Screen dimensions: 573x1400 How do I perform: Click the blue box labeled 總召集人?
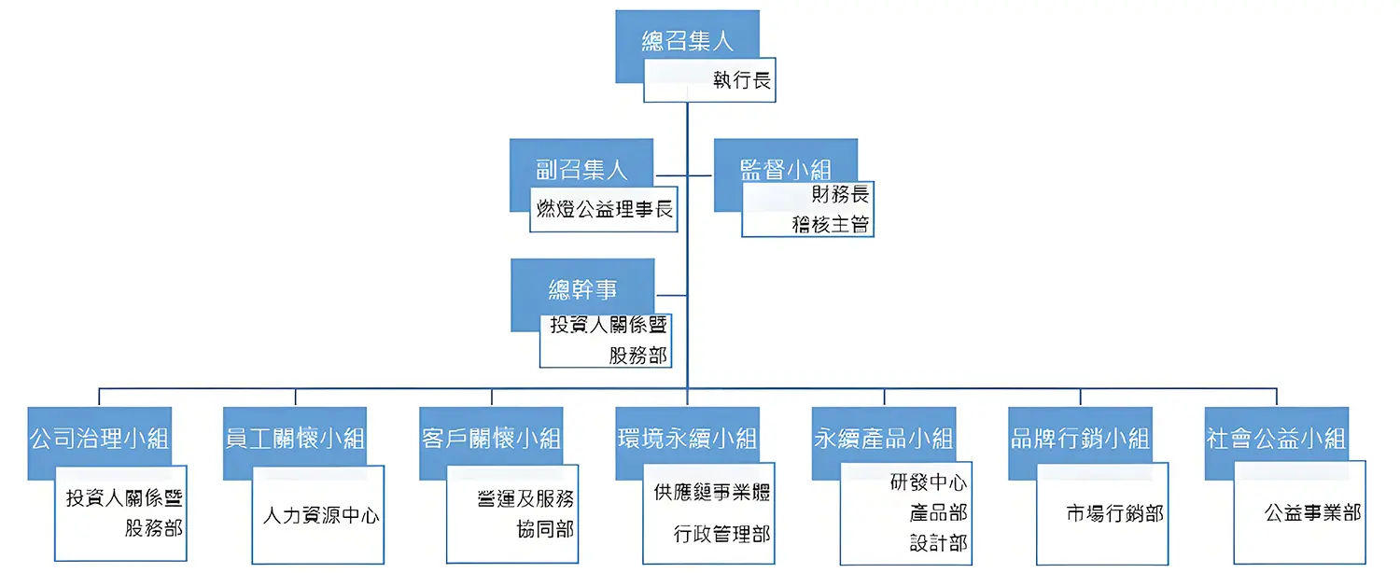tap(687, 41)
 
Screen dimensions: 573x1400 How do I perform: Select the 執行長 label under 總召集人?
tap(741, 81)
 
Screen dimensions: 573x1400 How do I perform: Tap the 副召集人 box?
tap(581, 168)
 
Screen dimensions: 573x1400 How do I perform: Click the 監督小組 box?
tap(785, 168)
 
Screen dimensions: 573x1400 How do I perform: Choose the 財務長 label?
tap(840, 195)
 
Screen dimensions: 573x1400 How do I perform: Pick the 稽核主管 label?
tap(831, 224)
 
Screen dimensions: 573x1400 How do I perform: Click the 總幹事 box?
tap(582, 289)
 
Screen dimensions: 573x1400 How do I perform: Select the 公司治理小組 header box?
tap(99, 438)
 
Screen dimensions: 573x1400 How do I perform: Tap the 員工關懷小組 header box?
tap(295, 438)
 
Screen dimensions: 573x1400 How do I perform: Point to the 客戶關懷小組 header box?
tap(491, 438)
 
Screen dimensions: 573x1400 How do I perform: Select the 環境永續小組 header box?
tap(687, 438)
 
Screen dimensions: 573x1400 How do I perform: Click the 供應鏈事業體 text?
tap(711, 493)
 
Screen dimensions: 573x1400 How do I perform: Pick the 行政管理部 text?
tap(721, 535)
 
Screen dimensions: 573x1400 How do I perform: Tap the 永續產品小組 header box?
tap(883, 438)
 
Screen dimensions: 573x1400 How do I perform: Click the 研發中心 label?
tap(928, 483)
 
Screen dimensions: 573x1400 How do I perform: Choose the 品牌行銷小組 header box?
tap(1080, 438)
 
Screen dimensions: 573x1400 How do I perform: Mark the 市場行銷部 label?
tap(1114, 513)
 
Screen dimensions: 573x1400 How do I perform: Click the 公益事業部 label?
tap(1312, 513)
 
